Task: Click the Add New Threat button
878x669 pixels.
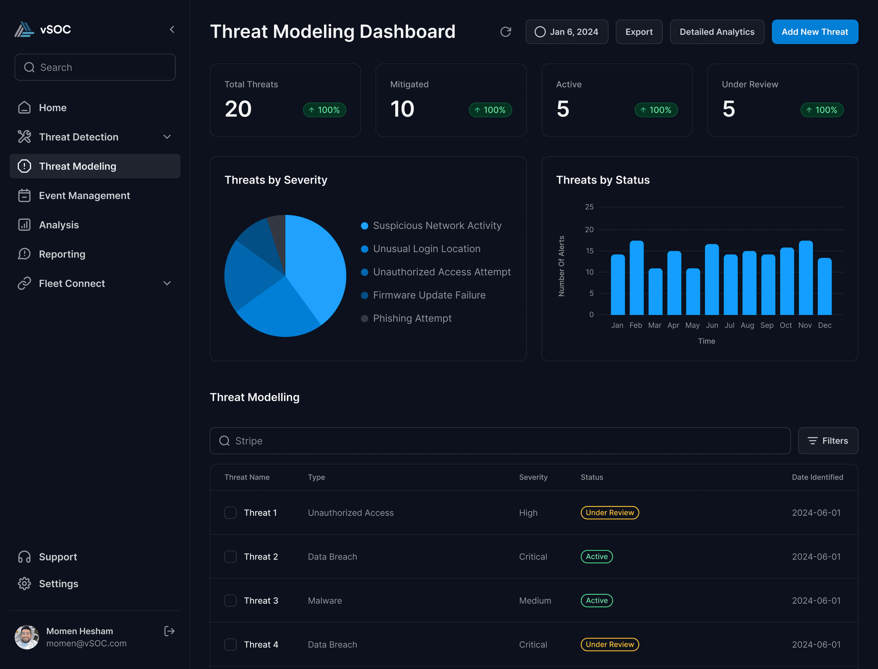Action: (x=815, y=32)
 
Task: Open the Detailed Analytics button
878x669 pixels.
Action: (x=717, y=32)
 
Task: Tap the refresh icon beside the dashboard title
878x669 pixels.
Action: (x=505, y=32)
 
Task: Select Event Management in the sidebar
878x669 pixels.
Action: (x=84, y=196)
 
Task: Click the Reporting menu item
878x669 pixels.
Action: (x=62, y=254)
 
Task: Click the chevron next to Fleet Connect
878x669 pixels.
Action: (x=167, y=283)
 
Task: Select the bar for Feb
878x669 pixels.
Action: (x=636, y=278)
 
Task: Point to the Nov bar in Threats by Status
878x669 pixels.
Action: (x=806, y=278)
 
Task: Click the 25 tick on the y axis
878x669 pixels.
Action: (x=589, y=207)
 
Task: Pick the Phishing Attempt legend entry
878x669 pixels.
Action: (x=412, y=318)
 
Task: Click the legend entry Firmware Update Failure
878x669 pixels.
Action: (x=429, y=295)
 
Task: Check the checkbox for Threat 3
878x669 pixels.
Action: (x=231, y=600)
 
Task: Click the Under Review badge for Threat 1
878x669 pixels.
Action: (x=610, y=513)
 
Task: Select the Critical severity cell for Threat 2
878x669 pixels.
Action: (x=533, y=557)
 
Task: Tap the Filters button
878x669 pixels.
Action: (x=828, y=441)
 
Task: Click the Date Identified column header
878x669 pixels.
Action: (x=817, y=477)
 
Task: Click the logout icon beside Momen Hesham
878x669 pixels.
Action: (x=169, y=631)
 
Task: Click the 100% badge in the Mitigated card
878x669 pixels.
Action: (x=490, y=110)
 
